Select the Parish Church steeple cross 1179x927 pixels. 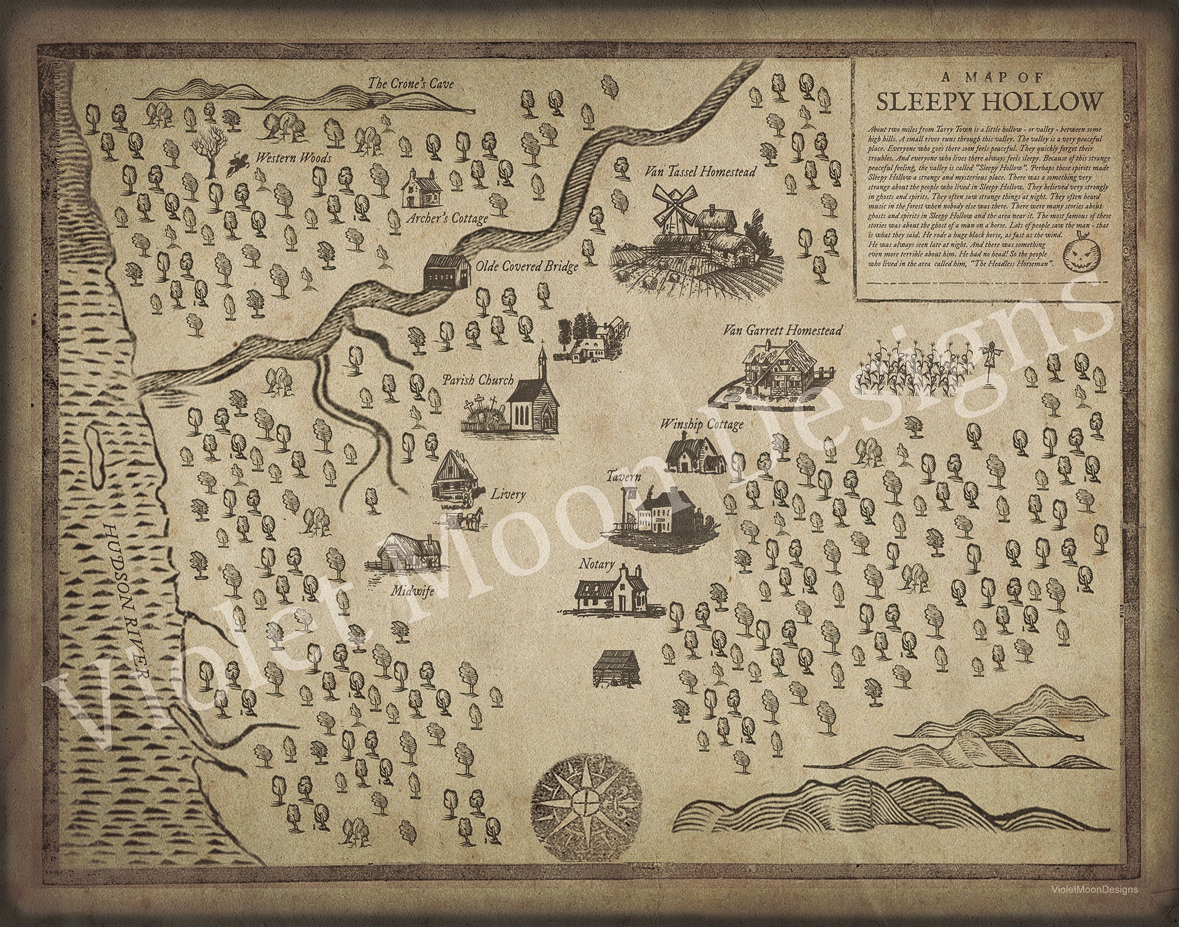(x=542, y=344)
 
